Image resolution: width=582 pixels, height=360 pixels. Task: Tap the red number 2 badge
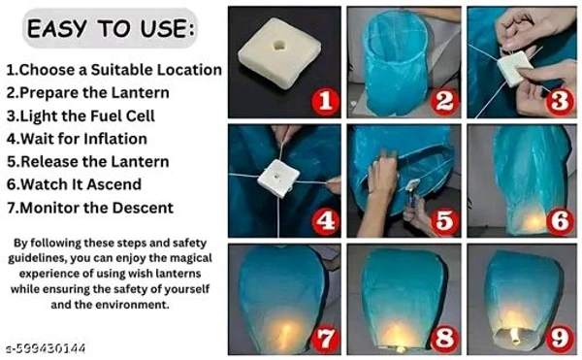coord(444,99)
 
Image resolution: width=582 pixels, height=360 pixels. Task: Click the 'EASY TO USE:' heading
coord(110,29)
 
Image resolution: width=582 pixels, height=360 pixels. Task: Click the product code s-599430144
coord(44,348)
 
